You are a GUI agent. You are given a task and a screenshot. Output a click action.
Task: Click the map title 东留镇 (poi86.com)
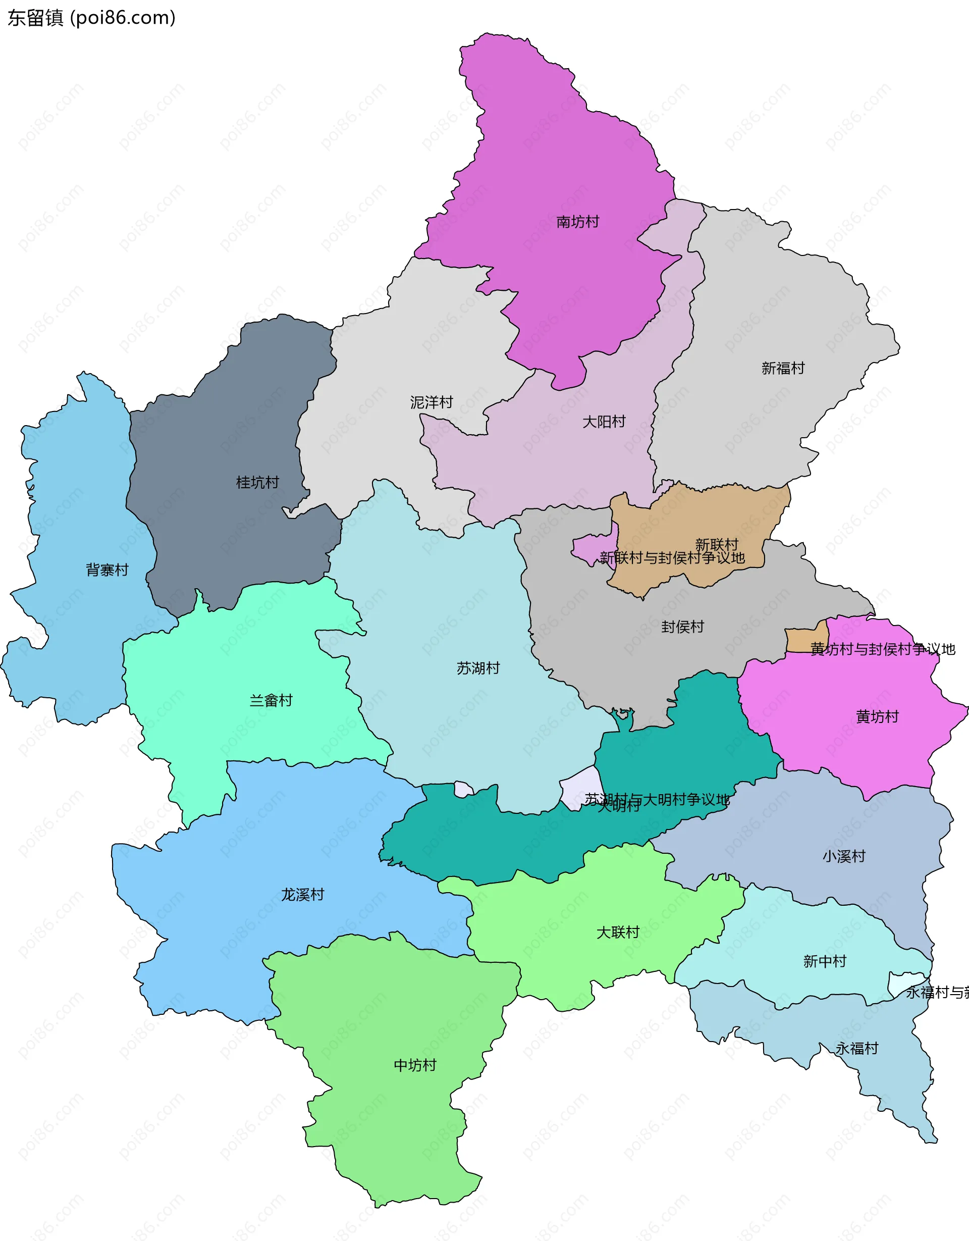point(91,18)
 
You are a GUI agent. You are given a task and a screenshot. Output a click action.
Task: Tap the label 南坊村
point(578,222)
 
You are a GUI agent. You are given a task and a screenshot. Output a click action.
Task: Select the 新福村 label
point(783,368)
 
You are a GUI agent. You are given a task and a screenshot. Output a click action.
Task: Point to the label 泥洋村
point(431,402)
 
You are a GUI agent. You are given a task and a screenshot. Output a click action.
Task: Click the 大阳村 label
point(603,422)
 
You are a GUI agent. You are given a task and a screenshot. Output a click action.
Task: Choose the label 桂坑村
point(257,483)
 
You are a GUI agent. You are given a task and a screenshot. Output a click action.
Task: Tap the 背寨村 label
point(107,570)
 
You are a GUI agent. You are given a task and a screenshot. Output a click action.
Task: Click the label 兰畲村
point(271,701)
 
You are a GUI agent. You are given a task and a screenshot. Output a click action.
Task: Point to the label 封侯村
point(682,627)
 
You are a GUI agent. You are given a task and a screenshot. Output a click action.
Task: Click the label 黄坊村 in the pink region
point(877,716)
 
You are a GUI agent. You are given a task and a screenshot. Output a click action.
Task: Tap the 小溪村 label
point(843,856)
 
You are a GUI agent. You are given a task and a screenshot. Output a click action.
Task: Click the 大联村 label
point(617,933)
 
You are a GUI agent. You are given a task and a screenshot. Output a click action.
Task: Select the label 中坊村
point(415,1065)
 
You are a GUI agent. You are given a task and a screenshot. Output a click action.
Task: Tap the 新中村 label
point(824,961)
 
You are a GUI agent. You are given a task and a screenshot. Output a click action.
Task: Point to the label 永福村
point(856,1048)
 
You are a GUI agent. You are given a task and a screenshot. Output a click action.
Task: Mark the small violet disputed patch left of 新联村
point(590,548)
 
